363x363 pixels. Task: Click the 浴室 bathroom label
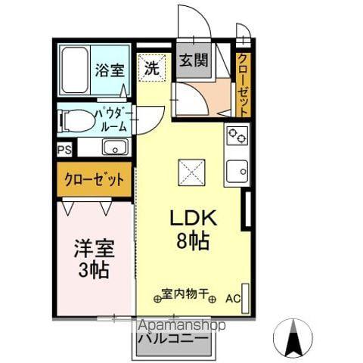click(x=110, y=70)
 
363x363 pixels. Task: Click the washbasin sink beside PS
click(x=114, y=147)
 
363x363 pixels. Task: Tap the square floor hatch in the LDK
click(x=189, y=172)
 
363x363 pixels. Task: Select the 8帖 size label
click(x=193, y=242)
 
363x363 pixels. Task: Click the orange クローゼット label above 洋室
click(x=94, y=181)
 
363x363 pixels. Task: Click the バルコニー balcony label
click(x=173, y=340)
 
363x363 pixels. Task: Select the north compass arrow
click(x=295, y=337)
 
